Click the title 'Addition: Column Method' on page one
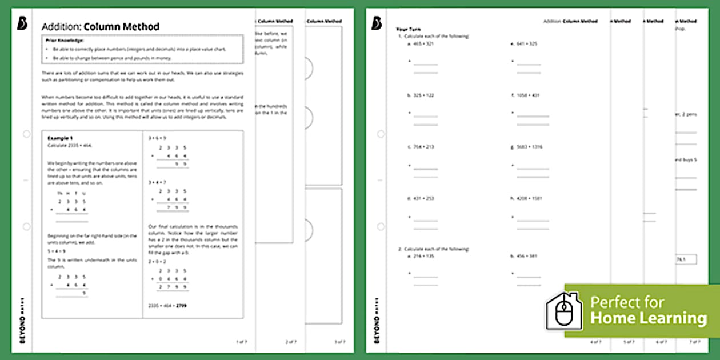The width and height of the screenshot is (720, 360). (101, 27)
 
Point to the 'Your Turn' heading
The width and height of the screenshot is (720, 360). (406, 29)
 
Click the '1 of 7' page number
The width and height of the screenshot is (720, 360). (242, 342)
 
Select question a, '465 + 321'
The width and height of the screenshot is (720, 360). (423, 44)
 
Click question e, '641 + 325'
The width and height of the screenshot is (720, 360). (527, 44)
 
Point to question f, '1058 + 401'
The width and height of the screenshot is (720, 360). (528, 95)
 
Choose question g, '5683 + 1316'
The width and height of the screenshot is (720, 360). (529, 147)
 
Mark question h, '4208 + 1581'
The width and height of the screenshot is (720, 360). (529, 198)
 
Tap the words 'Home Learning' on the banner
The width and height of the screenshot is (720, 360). (649, 318)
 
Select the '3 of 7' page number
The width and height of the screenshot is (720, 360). (339, 342)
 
